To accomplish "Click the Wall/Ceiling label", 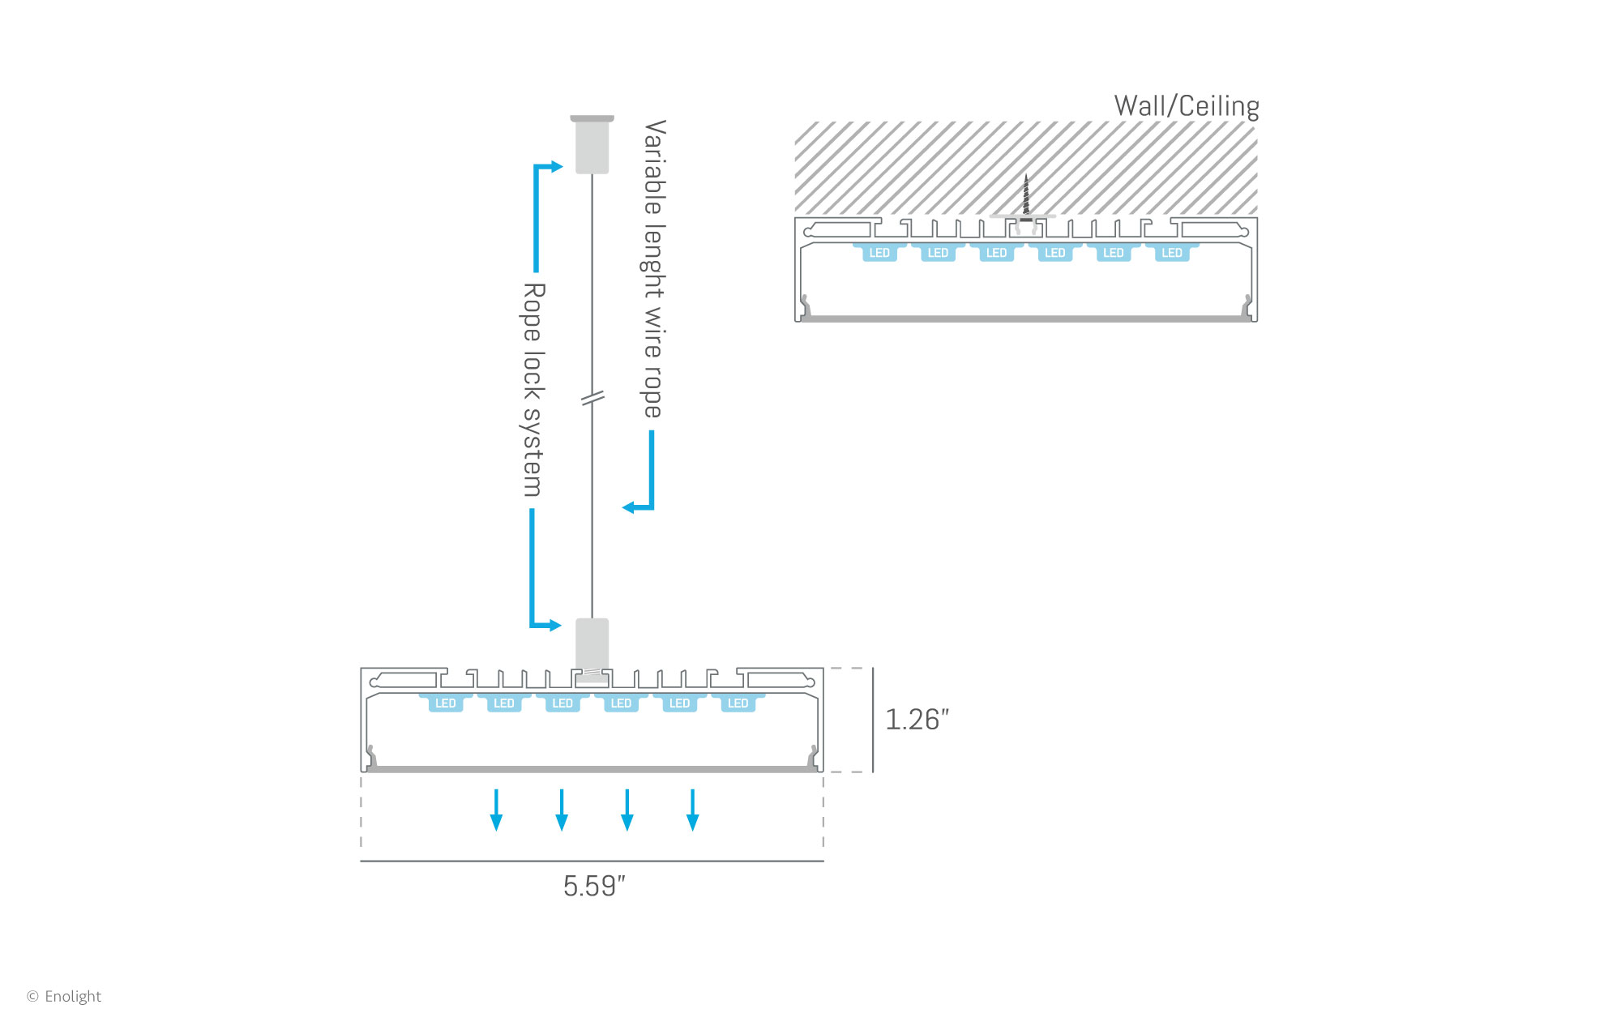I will coord(1186,106).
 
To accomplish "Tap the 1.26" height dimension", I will coord(916,720).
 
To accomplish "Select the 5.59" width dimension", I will coord(594,886).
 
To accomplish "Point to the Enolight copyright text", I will coord(65,996).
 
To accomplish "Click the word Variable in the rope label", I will coord(654,167).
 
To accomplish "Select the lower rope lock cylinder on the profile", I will coord(592,643).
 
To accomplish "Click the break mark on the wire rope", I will coord(592,398).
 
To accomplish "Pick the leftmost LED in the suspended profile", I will coord(446,703).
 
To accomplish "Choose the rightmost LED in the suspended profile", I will coord(738,703).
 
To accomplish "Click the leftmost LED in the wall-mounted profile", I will coord(879,253).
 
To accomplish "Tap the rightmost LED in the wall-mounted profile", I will coord(1172,253).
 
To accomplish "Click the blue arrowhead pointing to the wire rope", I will coord(628,508).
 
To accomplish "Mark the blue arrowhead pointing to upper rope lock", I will coord(557,167).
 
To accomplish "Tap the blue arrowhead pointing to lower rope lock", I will coord(555,625).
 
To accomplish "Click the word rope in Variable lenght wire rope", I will coord(653,393).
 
